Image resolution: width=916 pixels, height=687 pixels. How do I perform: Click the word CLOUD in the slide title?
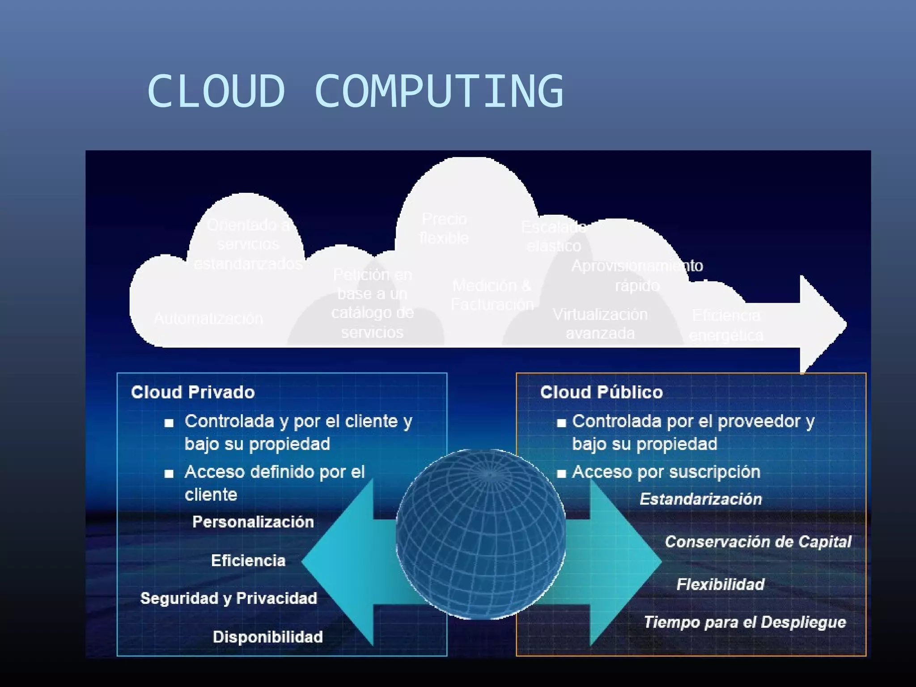click(216, 91)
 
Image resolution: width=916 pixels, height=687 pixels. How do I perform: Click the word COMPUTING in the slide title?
click(439, 91)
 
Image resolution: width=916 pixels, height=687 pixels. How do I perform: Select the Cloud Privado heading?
click(193, 392)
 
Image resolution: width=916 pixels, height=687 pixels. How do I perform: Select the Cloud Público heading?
click(601, 392)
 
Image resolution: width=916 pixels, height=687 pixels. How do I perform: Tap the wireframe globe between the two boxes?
click(480, 534)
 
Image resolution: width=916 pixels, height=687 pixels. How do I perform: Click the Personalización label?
click(253, 522)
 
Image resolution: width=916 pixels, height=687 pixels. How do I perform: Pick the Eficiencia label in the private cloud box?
click(248, 560)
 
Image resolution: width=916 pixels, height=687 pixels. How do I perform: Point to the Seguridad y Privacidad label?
click(229, 598)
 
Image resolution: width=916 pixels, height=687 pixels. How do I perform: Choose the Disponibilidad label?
click(267, 637)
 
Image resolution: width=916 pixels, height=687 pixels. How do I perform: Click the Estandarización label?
click(700, 499)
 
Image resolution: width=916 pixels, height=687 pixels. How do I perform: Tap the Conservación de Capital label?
click(758, 542)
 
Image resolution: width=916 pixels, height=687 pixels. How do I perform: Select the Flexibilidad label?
click(720, 584)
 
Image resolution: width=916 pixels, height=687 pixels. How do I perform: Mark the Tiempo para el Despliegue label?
click(745, 622)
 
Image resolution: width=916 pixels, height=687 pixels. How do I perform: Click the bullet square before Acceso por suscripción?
click(561, 473)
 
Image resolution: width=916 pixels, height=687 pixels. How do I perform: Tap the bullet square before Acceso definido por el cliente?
click(169, 473)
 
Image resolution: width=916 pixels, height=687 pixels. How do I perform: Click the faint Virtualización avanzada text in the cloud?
click(600, 324)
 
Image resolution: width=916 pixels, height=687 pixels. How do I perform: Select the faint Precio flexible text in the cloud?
click(444, 229)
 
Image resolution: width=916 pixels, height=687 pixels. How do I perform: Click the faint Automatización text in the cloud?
click(208, 318)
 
